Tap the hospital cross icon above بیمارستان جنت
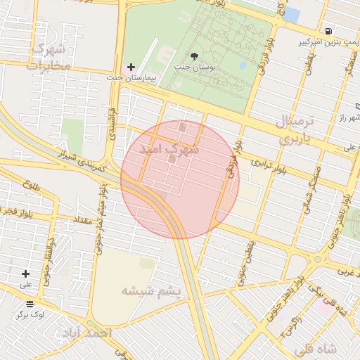point(131,67)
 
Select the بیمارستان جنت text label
point(131,77)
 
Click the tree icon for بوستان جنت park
point(195,56)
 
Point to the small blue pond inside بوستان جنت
point(243,65)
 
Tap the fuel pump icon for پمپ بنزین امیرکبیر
point(329,31)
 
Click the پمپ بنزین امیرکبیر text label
point(324,43)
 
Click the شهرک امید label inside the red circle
point(169,150)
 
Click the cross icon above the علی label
point(26,274)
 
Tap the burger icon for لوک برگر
point(30,304)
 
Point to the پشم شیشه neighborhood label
point(151,290)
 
